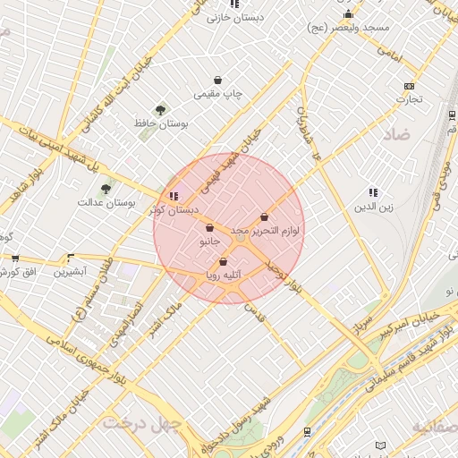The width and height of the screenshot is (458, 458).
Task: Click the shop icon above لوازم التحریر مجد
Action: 264,216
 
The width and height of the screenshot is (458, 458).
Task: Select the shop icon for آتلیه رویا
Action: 223,261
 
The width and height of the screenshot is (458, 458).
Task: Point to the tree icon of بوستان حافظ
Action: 160,110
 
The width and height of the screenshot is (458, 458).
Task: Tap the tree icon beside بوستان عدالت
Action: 106,189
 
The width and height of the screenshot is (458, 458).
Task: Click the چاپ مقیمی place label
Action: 219,93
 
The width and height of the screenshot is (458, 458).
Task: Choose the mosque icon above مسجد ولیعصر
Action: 348,14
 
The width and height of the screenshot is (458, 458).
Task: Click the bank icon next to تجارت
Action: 409,86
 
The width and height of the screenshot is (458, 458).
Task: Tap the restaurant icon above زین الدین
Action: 373,192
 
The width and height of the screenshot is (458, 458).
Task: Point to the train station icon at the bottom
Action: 308,431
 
